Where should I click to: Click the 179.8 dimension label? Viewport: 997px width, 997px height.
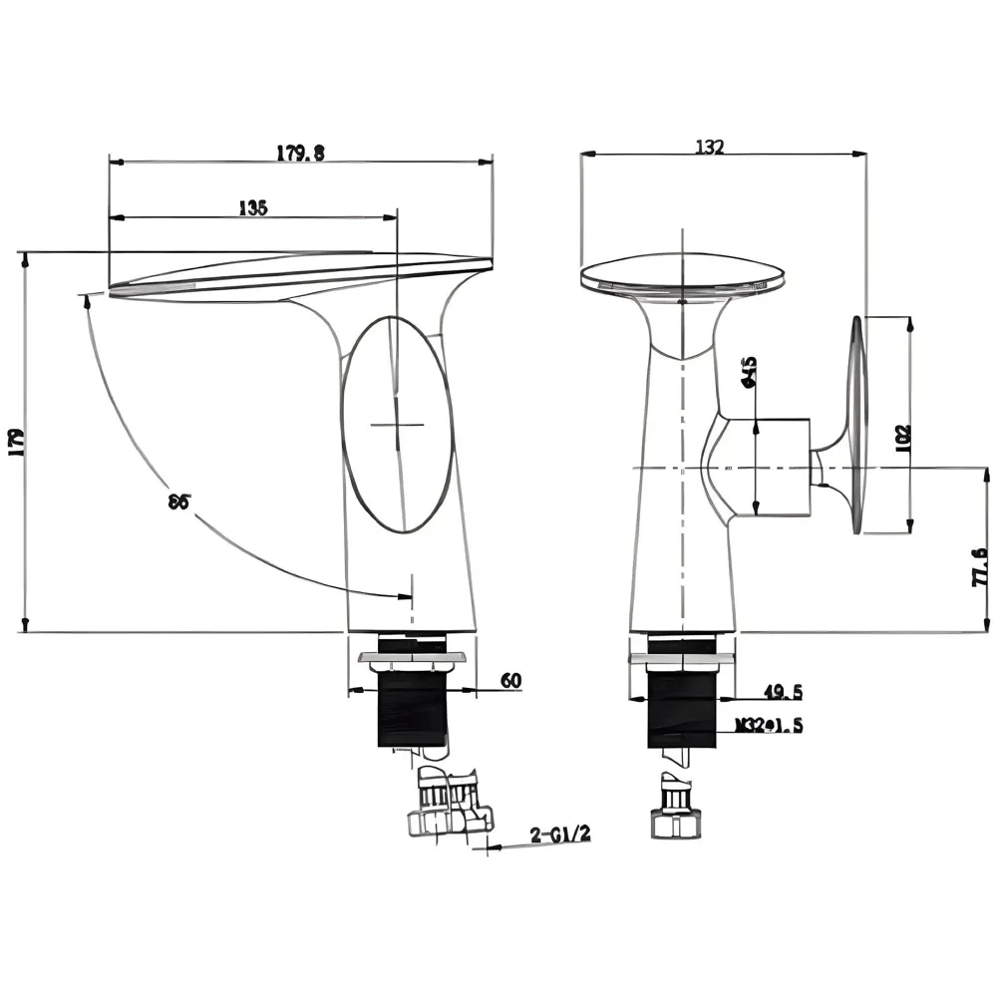coord(300,153)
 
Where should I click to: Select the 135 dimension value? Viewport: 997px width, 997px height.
coord(253,208)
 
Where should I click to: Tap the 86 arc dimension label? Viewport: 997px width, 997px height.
coord(179,501)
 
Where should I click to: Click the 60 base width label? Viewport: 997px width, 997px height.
coord(510,681)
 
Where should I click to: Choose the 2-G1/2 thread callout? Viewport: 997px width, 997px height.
coord(561,834)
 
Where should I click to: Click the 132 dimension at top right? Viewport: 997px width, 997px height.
coord(709,147)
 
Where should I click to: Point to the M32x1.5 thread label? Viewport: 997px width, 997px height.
coord(769,726)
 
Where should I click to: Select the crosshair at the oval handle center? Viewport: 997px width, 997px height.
coord(397,425)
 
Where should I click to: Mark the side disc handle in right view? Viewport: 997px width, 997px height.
coord(856,428)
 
